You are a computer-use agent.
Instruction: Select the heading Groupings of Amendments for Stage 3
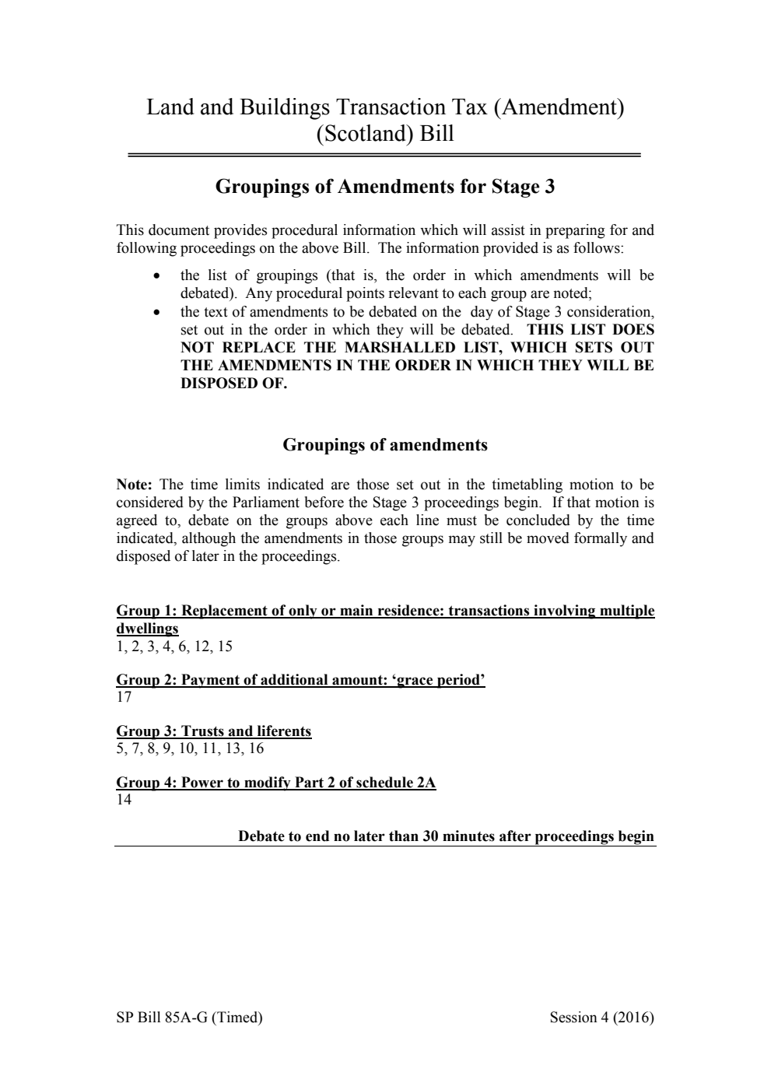tap(384, 187)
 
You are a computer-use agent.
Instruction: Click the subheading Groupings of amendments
tap(384, 445)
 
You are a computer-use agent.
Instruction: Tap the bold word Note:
tap(134, 485)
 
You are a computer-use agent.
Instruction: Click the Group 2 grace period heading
tap(300, 680)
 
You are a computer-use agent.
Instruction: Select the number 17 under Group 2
tap(124, 697)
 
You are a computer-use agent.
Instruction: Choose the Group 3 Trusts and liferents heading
tap(213, 731)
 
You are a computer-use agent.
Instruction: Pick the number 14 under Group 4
tap(124, 800)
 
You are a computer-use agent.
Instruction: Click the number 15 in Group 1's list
tap(224, 647)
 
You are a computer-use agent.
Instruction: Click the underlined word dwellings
tap(147, 629)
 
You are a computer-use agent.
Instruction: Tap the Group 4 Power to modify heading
tap(275, 783)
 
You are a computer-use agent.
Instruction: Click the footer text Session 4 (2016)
tap(601, 1018)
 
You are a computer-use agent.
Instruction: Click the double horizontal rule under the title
tap(384, 156)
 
